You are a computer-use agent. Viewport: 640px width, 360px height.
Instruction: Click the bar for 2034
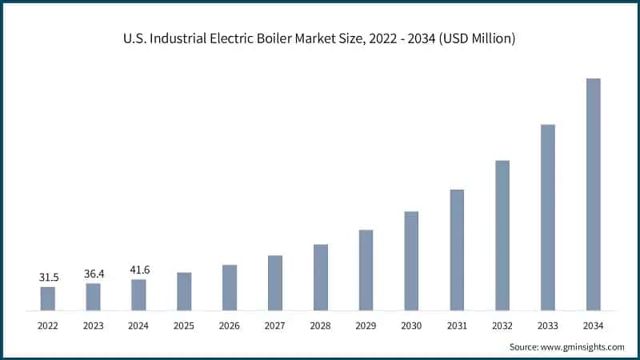[593, 194]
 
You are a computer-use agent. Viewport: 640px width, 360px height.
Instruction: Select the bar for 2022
[48, 298]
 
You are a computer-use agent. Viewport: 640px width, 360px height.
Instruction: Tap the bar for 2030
[411, 261]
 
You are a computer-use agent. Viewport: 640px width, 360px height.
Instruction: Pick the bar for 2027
[275, 282]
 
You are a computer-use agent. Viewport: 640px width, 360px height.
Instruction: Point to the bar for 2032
[502, 235]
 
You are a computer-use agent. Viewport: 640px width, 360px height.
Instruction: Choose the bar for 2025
[184, 291]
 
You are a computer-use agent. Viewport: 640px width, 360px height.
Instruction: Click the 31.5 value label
[48, 277]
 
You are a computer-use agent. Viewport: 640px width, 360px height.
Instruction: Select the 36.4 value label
[94, 274]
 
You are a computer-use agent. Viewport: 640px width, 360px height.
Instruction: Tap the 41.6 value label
[139, 270]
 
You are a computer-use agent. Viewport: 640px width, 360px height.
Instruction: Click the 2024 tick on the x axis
[139, 326]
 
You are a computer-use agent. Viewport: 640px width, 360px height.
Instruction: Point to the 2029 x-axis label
[366, 326]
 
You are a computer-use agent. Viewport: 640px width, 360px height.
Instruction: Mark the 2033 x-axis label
[547, 326]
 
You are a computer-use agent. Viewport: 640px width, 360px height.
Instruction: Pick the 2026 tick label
[230, 326]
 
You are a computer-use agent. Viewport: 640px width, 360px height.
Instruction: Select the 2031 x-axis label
[457, 326]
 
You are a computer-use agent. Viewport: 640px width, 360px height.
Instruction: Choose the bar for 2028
[321, 277]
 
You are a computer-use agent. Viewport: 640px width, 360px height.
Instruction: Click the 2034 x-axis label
[593, 326]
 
